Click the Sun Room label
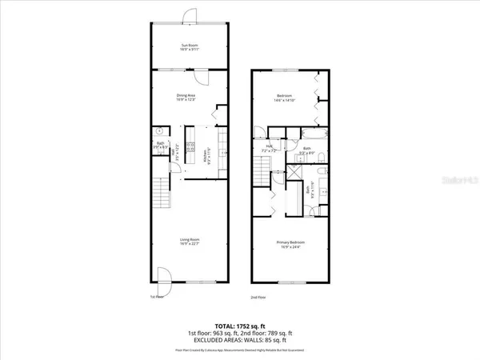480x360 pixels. (189, 47)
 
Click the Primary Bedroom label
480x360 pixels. (290, 244)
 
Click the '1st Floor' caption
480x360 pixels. (156, 297)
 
